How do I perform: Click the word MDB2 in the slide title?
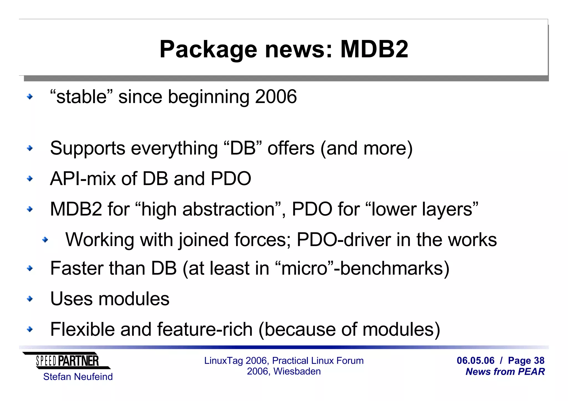pyautogui.click(x=374, y=49)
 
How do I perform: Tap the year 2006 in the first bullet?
pyautogui.click(x=276, y=97)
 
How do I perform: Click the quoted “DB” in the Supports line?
pyautogui.click(x=242, y=148)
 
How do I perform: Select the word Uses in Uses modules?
pyautogui.click(x=71, y=299)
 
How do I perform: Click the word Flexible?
pyautogui.click(x=82, y=329)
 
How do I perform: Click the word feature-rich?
pyautogui.click(x=205, y=329)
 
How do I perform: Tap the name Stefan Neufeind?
pyautogui.click(x=78, y=377)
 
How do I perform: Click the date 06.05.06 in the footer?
pyautogui.click(x=475, y=361)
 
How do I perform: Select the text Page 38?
pyautogui.click(x=526, y=361)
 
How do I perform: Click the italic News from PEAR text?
pyautogui.click(x=505, y=372)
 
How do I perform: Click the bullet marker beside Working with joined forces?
pyautogui.click(x=45, y=239)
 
